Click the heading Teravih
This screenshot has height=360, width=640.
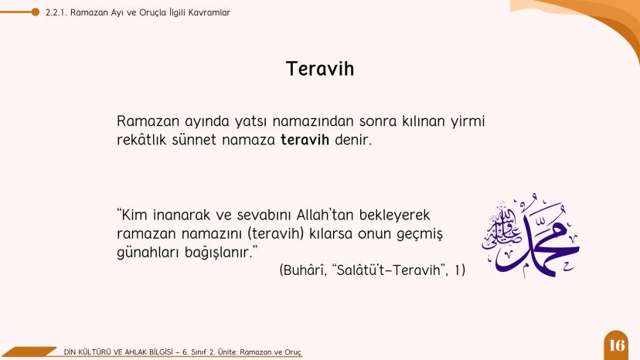(320, 69)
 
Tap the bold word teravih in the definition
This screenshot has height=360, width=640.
(305, 141)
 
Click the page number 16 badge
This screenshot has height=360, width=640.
(617, 345)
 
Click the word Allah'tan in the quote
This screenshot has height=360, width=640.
(311, 214)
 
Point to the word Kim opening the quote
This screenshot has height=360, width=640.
(136, 214)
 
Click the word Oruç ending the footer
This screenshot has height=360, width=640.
(291, 352)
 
